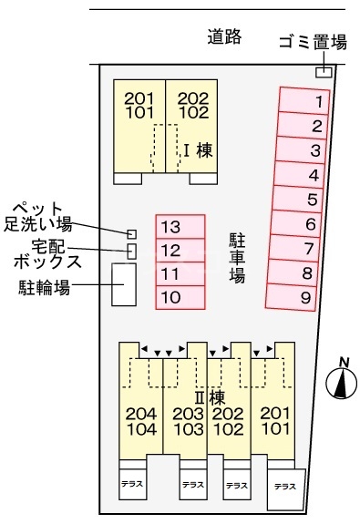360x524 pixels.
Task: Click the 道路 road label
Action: click(223, 37)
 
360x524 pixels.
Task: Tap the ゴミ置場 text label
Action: click(314, 42)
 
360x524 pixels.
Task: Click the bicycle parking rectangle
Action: click(123, 284)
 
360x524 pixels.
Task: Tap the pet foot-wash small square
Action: click(131, 234)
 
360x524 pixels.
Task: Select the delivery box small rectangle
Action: click(131, 251)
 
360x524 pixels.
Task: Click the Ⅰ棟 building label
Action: click(198, 150)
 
